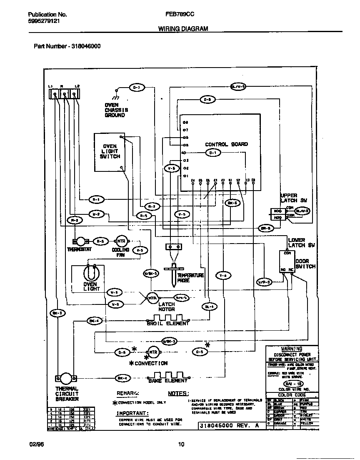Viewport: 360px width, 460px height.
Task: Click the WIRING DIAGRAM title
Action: [183, 29]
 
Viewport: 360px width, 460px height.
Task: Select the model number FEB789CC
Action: [180, 14]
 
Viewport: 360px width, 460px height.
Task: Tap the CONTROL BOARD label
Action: [226, 144]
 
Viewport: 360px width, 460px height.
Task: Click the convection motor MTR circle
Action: [153, 352]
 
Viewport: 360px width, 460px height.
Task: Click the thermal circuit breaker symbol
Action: [66, 378]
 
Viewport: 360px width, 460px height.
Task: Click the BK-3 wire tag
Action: [57, 313]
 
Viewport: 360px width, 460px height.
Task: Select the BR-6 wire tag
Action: [265, 228]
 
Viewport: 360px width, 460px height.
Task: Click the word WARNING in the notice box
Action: [291, 349]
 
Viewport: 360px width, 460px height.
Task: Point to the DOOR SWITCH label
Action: [305, 264]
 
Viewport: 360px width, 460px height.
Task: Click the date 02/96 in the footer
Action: [36, 445]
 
